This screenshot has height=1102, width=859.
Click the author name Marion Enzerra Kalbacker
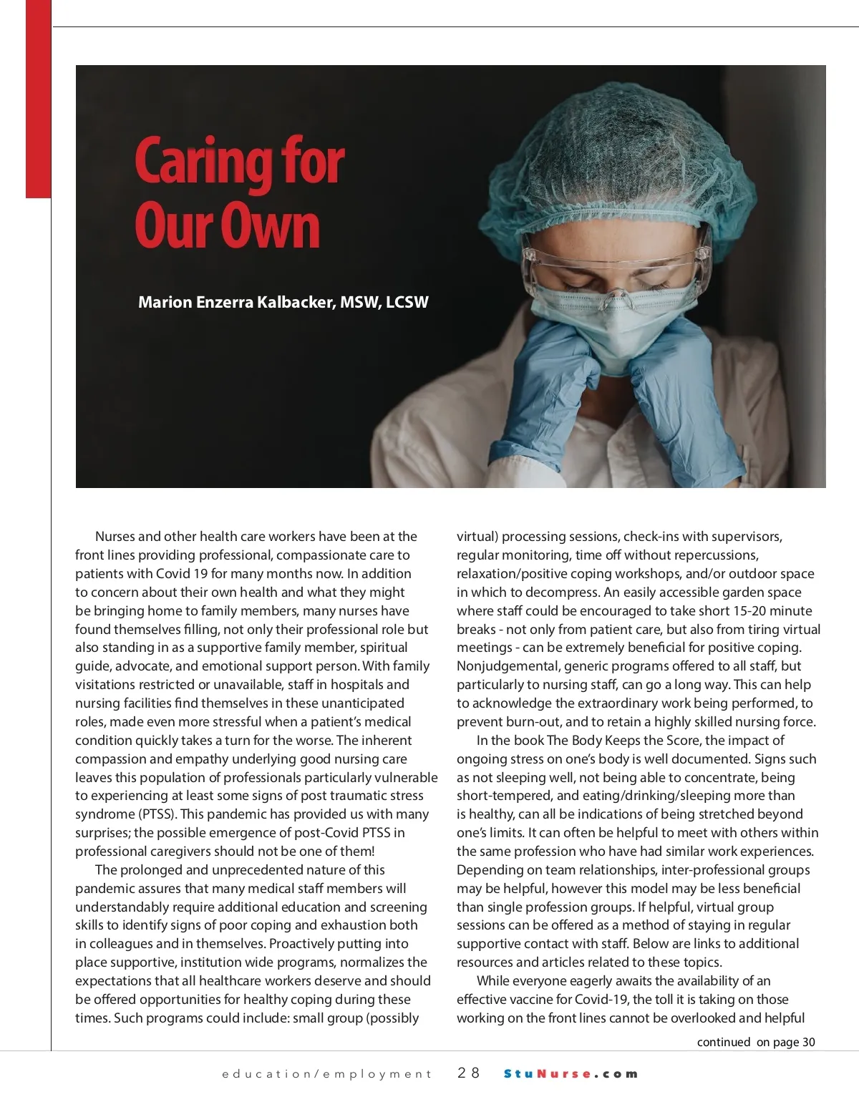click(x=236, y=302)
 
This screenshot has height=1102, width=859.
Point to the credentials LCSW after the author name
click(x=407, y=302)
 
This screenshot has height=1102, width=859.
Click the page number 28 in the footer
click(x=469, y=1073)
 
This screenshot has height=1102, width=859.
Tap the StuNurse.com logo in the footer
click(x=571, y=1073)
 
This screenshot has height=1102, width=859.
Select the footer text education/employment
click(x=326, y=1074)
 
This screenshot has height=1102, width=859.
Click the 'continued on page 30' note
click(x=755, y=1042)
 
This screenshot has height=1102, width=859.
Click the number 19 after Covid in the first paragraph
click(x=200, y=574)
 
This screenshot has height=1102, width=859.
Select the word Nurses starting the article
click(x=115, y=537)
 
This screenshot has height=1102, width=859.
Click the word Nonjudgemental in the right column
click(x=503, y=666)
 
